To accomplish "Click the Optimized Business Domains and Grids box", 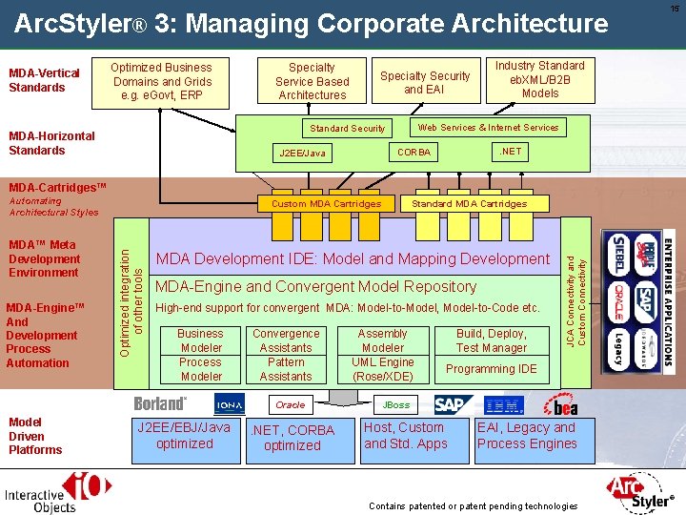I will coord(161,81).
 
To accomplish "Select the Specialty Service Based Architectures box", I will coord(312,81).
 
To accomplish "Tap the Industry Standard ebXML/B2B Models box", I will coord(540,79).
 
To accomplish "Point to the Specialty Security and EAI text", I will coord(425,82).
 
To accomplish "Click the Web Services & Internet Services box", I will coord(488,127).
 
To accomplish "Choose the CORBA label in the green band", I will coord(414,153).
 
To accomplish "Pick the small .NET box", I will coord(511,151).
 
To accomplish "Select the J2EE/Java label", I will coord(302,153).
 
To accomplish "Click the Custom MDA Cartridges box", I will coord(326,204).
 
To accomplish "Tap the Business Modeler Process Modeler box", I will coord(200,355).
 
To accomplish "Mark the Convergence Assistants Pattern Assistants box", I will coord(286,355).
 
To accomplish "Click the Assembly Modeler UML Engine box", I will coord(382,355).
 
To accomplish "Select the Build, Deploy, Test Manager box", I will coord(491,340).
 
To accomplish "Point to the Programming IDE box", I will coord(491,369).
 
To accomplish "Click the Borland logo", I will coord(160,404).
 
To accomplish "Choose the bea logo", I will coord(560,405).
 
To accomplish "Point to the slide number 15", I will coord(675,9).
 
